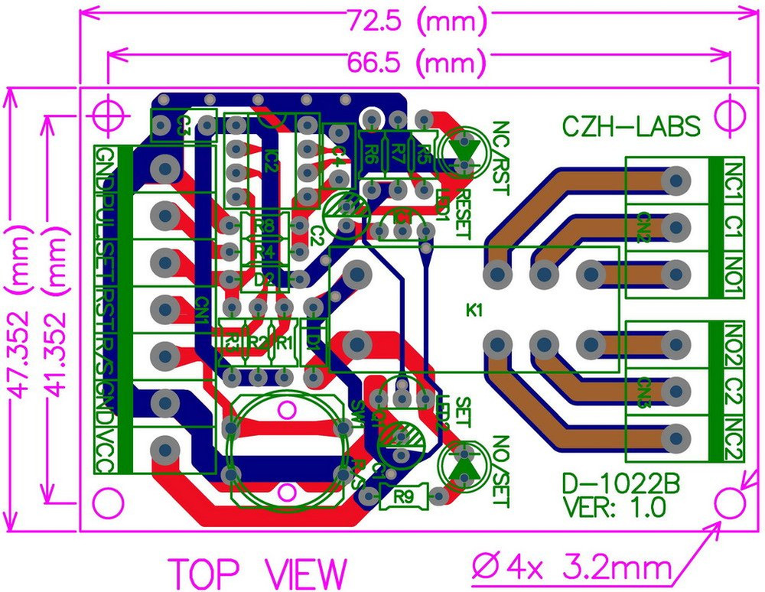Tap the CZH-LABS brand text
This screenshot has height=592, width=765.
pos(631,126)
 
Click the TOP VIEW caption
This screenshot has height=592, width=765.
pos(258,573)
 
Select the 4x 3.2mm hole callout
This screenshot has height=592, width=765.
pos(572,568)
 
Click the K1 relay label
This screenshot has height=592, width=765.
pos(476,311)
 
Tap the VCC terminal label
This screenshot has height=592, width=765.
pos(104,451)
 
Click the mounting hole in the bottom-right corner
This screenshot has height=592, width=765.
pos(730,504)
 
